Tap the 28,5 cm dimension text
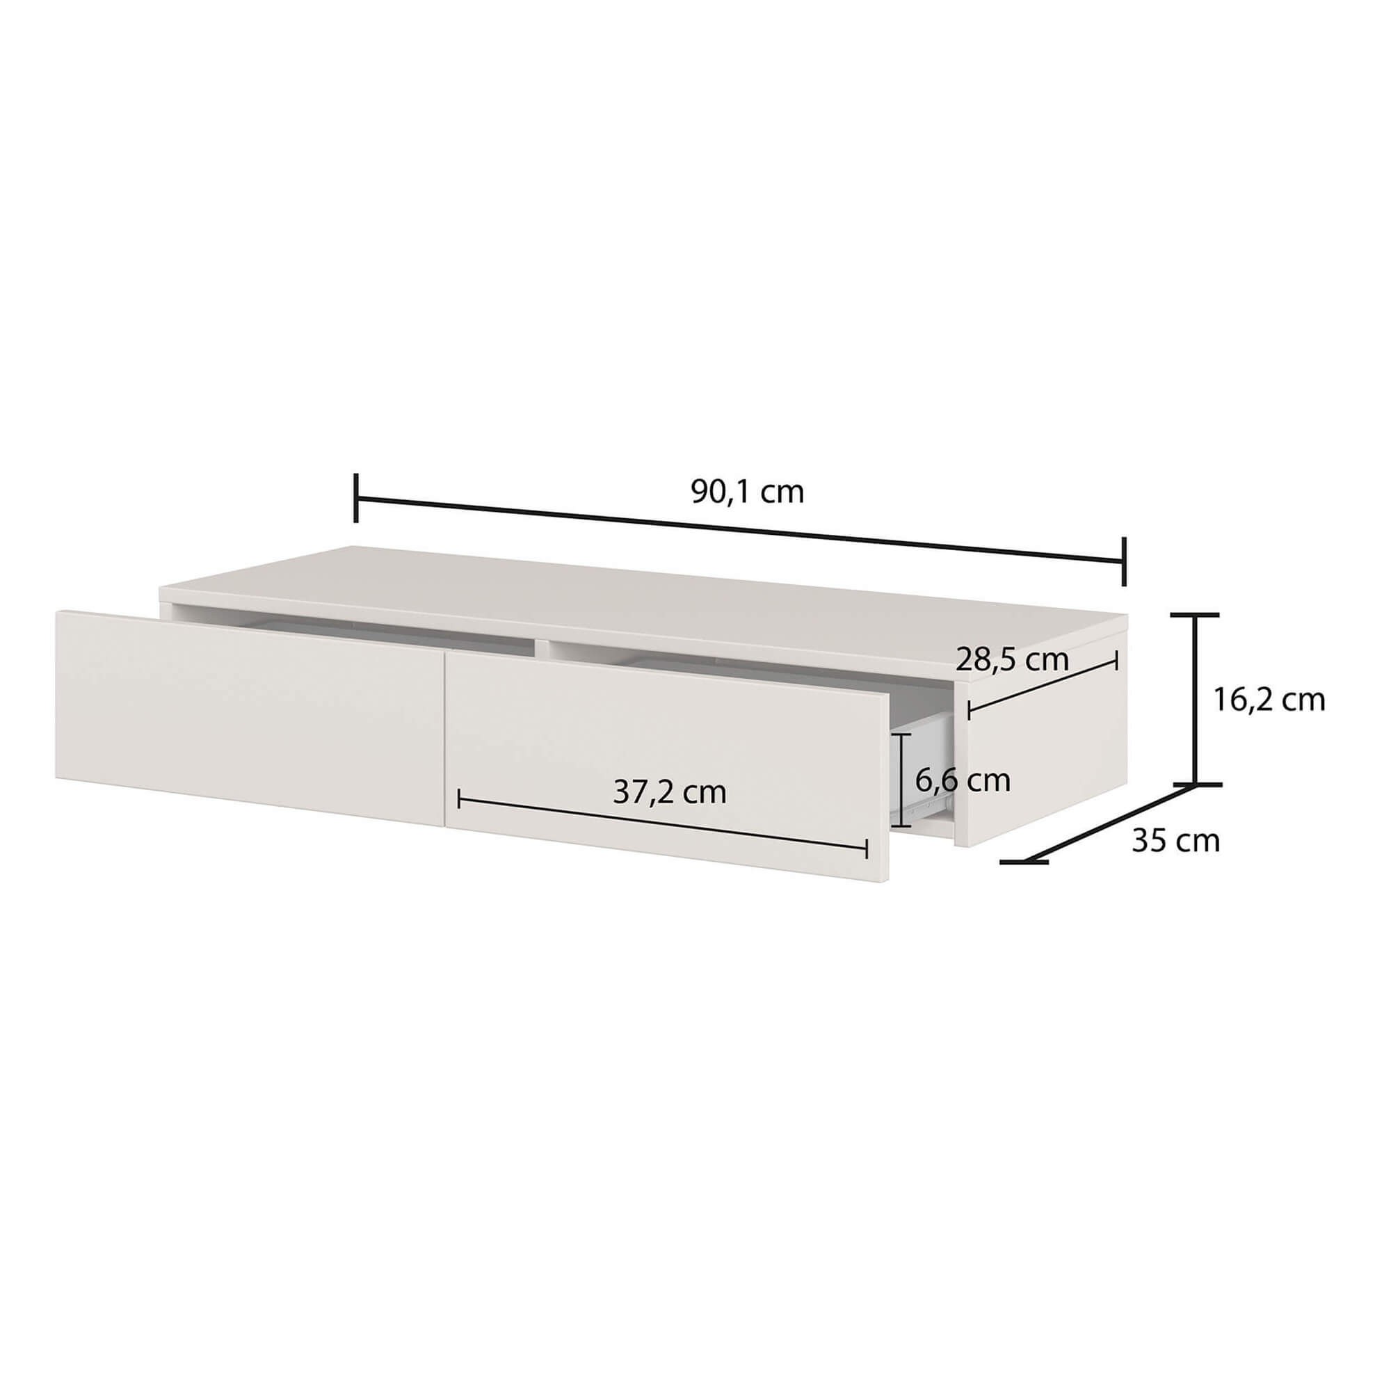click(x=1011, y=659)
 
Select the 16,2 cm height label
click(x=1269, y=699)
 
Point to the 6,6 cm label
click(x=963, y=780)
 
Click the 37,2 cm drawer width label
click(x=670, y=792)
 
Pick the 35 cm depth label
click(x=1175, y=841)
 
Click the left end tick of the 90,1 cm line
click(x=355, y=497)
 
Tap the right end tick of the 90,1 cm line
click(x=1123, y=561)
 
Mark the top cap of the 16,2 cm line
click(x=1195, y=615)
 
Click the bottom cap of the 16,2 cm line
click(x=1196, y=783)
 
